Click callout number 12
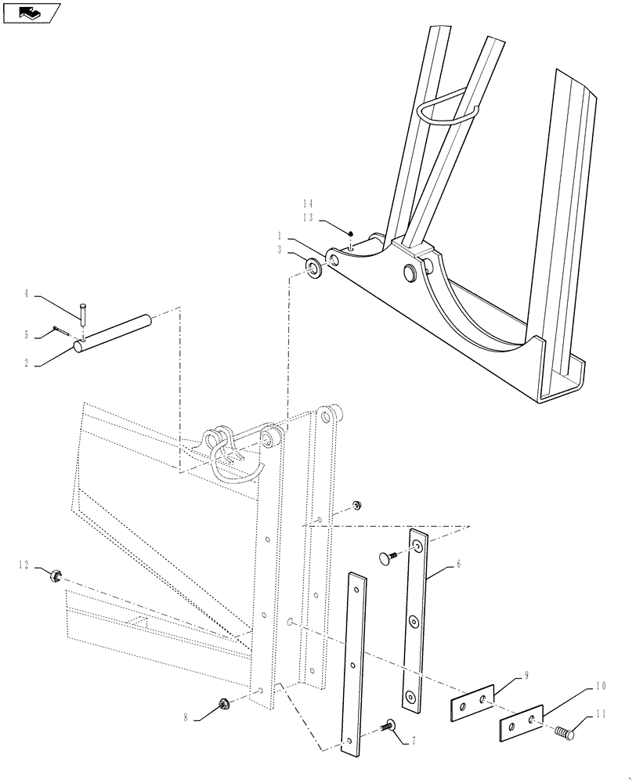(x=24, y=564)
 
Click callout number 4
(x=26, y=294)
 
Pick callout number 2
(x=26, y=363)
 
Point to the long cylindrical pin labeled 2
(x=111, y=332)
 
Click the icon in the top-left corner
(x=31, y=13)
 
